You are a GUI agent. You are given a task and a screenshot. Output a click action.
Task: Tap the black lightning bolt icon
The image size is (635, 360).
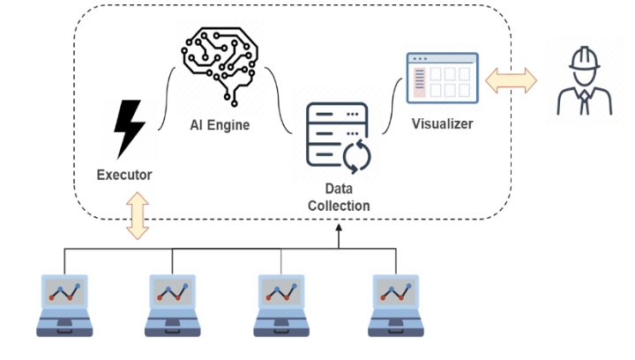pyautogui.click(x=129, y=129)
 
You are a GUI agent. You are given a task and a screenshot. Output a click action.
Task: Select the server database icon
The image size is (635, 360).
pyautogui.click(x=338, y=137)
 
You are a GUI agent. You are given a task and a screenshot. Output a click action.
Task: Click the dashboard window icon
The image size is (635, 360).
pyautogui.click(x=442, y=77)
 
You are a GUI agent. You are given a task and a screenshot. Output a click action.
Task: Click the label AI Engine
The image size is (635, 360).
pyautogui.click(x=220, y=125)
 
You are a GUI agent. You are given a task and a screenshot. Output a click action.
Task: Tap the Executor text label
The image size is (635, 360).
pyautogui.click(x=124, y=175)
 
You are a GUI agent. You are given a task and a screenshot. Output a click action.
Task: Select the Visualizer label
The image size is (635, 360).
pyautogui.click(x=442, y=124)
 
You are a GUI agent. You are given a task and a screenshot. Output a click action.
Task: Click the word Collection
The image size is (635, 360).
pyautogui.click(x=339, y=206)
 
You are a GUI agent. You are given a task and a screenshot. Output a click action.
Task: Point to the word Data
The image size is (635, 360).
pyautogui.click(x=339, y=190)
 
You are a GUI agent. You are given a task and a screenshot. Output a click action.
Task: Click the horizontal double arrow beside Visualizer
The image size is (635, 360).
pyautogui.click(x=511, y=81)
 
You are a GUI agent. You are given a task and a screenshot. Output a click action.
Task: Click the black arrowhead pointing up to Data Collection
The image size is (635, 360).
pyautogui.click(x=339, y=228)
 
